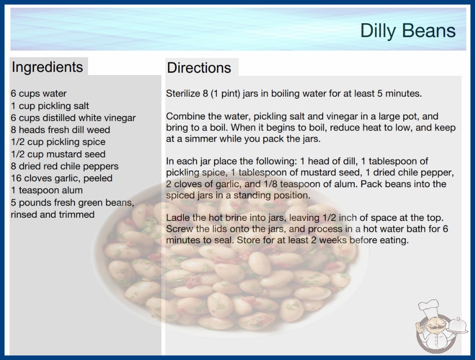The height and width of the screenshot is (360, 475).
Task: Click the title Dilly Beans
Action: (x=408, y=31)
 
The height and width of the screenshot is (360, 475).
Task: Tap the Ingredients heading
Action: (x=47, y=67)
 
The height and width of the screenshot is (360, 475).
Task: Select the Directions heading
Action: (x=199, y=68)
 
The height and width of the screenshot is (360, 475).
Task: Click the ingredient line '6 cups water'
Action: (x=39, y=94)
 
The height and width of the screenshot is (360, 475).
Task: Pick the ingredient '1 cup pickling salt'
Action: (x=50, y=106)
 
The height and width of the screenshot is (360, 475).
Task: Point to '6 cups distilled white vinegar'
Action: (x=73, y=118)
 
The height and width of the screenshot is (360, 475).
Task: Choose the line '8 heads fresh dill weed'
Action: (x=60, y=130)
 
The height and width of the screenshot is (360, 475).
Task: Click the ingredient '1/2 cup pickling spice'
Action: (x=58, y=142)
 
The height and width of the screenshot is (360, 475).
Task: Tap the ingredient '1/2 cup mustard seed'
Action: (x=58, y=154)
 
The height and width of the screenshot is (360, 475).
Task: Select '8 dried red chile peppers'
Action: (x=65, y=166)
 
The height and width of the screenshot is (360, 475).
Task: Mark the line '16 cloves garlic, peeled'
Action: (x=62, y=178)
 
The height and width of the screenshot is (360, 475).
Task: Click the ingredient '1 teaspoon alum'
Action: (x=47, y=190)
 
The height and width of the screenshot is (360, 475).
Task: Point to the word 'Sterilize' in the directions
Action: (x=183, y=94)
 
